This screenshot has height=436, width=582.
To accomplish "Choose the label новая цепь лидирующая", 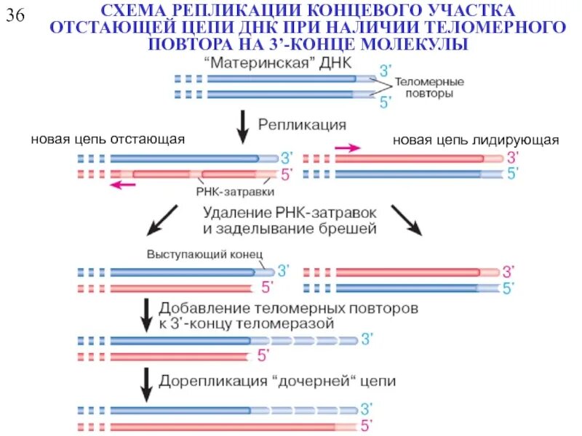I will point(476,140).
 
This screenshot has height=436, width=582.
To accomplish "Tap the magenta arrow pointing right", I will point(347,148).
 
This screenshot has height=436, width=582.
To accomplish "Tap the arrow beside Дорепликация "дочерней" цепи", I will point(147,384).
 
